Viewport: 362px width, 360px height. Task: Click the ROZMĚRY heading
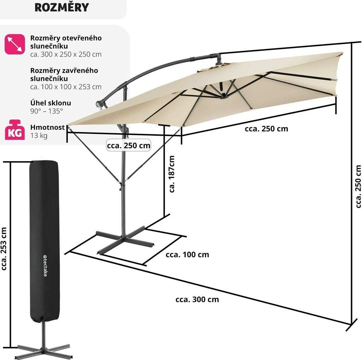[62, 7]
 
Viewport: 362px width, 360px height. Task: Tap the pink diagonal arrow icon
[14, 44]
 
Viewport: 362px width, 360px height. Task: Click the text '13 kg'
[39, 136]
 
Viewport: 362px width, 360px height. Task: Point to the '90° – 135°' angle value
[46, 111]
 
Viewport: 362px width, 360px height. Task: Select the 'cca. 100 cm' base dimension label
[187, 254]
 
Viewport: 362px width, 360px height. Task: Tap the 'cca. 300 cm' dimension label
[197, 300]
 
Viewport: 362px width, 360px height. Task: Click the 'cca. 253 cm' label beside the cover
[4, 249]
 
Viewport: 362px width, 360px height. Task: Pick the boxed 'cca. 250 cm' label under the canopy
[129, 145]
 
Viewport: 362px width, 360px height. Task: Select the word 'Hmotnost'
[47, 128]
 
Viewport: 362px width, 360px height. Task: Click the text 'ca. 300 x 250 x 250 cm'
[66, 54]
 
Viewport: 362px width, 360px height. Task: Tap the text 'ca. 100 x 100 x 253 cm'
[66, 87]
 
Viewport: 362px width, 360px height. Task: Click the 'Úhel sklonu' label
[51, 103]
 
